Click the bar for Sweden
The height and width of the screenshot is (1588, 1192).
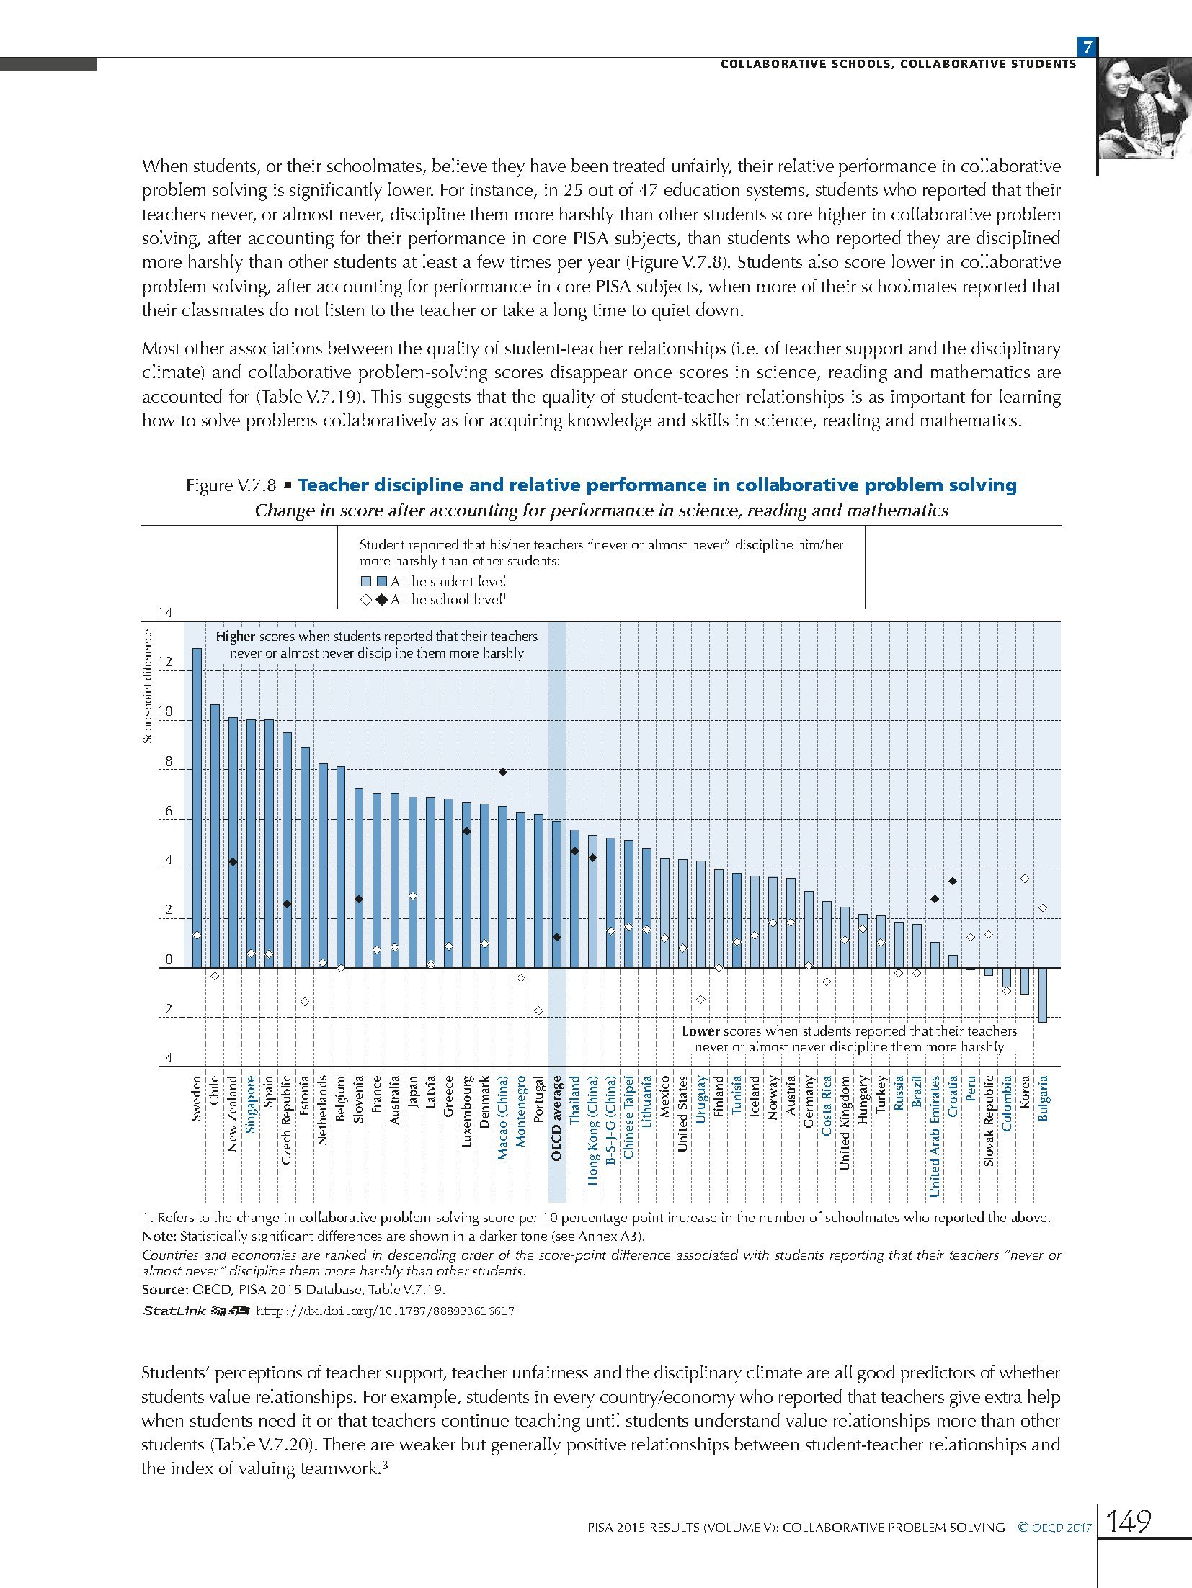196,807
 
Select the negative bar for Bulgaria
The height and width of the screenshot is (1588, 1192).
1042,994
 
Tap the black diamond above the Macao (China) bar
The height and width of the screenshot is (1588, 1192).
503,772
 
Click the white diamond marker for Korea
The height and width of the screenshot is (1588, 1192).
1024,879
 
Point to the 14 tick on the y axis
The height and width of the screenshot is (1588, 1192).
165,613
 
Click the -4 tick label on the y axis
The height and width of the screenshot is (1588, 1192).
166,1058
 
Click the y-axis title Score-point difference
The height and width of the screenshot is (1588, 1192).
148,686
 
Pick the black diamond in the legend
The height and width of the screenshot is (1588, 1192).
381,599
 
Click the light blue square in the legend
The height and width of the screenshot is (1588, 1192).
365,581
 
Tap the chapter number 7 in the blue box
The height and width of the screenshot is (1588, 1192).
1087,48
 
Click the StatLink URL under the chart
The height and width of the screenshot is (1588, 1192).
386,1311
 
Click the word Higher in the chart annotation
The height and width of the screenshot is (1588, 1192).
236,637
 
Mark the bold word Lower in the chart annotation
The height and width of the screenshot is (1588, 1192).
700,1031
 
